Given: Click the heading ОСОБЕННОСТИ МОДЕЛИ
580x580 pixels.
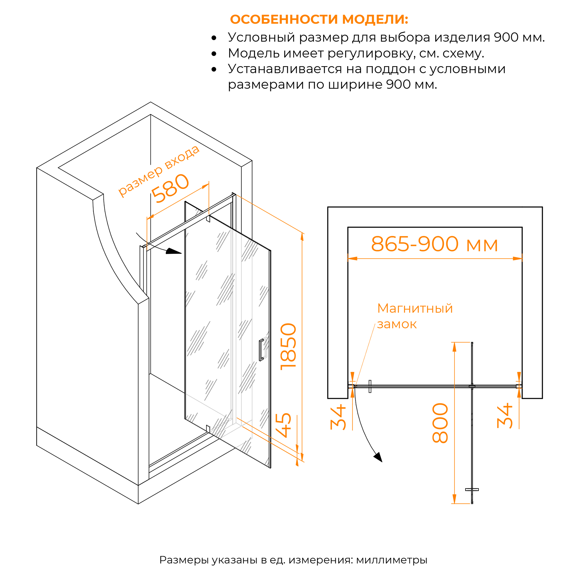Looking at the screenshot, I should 319,19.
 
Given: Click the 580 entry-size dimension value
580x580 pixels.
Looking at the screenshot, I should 170,188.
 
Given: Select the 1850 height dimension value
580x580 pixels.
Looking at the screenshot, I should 289,347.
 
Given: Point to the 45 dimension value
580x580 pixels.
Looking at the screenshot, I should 283,425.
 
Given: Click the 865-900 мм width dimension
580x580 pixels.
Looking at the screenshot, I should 435,244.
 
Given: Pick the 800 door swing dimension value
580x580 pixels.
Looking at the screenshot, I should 441,423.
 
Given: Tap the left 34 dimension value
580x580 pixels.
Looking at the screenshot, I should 338,417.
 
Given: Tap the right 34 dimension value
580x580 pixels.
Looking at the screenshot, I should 505,416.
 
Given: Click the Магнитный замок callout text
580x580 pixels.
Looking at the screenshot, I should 415,316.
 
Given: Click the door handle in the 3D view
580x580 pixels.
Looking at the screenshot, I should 261,350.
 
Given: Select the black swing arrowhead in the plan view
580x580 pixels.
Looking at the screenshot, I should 378,457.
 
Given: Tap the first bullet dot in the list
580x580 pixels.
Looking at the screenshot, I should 214,38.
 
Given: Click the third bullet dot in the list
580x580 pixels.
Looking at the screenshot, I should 214,70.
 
